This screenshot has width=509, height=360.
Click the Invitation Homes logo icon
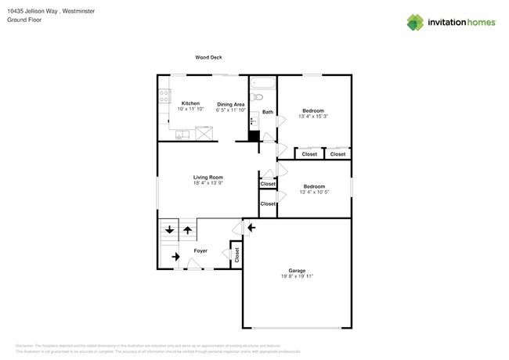click(415, 22)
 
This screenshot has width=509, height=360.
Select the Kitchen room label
click(190, 103)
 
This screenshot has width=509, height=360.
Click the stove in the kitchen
click(164, 96)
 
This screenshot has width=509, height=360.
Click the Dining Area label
click(231, 104)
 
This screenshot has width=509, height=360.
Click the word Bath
click(268, 112)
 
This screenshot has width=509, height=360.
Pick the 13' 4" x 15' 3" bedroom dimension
click(313, 117)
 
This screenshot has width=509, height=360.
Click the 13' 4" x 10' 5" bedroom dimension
click(313, 192)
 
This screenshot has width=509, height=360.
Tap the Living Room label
click(208, 178)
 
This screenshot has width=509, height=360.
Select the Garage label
click(297, 271)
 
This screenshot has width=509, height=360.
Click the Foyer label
click(200, 251)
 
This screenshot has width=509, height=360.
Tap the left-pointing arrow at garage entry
click(251, 228)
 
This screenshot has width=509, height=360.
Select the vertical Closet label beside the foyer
click(236, 254)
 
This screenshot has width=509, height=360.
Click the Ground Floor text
click(24, 20)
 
